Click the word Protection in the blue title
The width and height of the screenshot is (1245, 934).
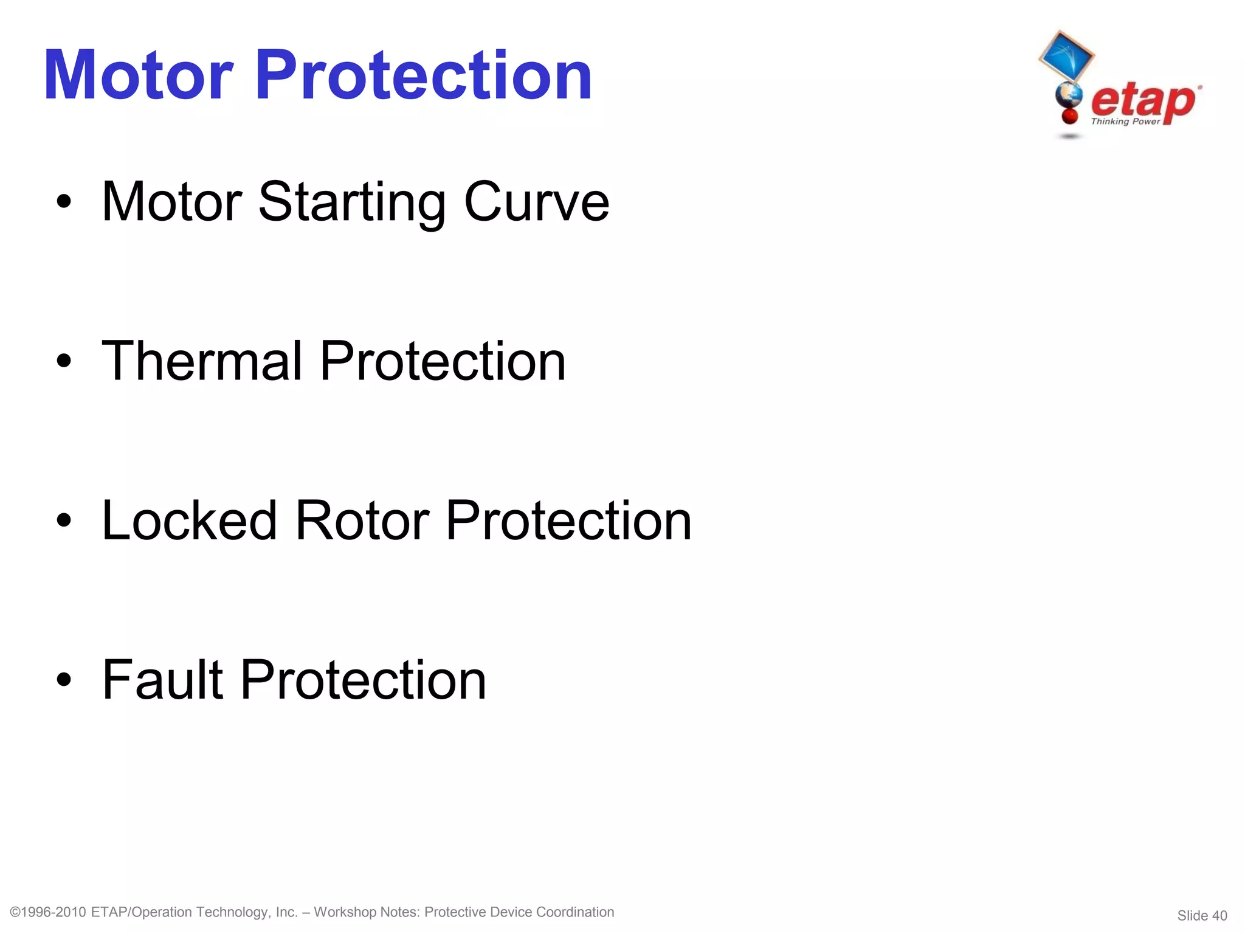click(x=423, y=75)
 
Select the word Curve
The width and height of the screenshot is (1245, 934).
click(x=536, y=202)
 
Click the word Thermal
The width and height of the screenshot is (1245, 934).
click(x=202, y=361)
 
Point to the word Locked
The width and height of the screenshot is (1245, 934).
click(x=190, y=521)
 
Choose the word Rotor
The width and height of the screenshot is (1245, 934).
click(x=362, y=521)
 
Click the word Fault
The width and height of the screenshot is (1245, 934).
click(x=163, y=680)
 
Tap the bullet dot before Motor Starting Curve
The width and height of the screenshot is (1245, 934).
click(x=64, y=202)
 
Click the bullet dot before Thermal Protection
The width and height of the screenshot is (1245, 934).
click(x=64, y=362)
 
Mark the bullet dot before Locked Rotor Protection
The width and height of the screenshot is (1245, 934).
click(x=64, y=521)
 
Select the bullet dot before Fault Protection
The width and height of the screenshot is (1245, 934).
click(x=64, y=680)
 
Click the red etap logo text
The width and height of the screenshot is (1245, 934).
click(x=1143, y=100)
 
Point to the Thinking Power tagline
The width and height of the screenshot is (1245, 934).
click(x=1125, y=122)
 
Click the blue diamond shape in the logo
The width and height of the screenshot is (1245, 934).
click(x=1066, y=57)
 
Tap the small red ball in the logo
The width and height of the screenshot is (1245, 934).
click(x=1069, y=116)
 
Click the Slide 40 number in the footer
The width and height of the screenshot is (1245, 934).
click(x=1202, y=915)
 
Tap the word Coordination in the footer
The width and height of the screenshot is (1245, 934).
click(x=575, y=912)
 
